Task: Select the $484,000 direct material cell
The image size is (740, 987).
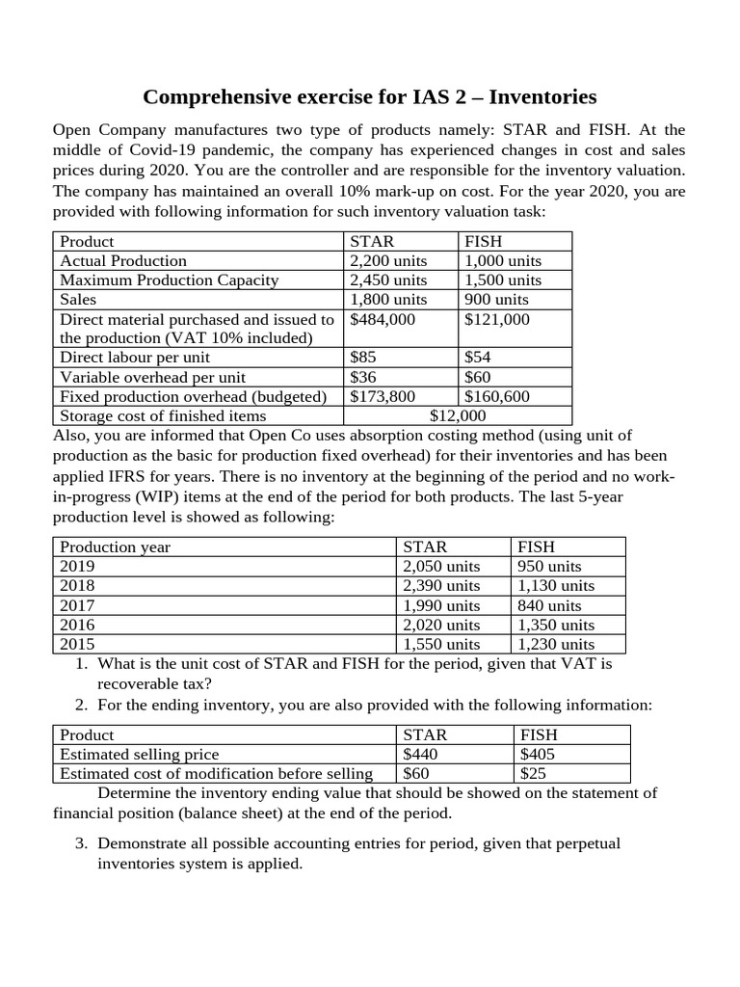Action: click(x=383, y=319)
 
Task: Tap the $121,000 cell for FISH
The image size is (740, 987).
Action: click(x=497, y=319)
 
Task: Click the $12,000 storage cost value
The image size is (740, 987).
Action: click(x=458, y=415)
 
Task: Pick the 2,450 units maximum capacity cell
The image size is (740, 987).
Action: click(x=388, y=280)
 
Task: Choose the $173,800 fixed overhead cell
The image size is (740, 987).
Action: click(x=383, y=396)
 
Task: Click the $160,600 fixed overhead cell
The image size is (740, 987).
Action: click(x=497, y=396)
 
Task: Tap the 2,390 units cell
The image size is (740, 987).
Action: click(x=441, y=585)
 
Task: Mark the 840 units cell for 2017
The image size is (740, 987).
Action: click(x=549, y=605)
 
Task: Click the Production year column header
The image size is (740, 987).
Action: click(x=115, y=547)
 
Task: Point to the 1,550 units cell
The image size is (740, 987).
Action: click(x=441, y=644)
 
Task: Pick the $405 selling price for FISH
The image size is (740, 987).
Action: click(x=537, y=754)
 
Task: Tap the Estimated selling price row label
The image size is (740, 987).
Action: click(x=139, y=754)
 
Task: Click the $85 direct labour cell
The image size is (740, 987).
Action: click(x=363, y=358)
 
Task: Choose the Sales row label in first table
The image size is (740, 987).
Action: click(x=79, y=299)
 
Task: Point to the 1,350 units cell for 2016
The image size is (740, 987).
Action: click(x=556, y=625)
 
